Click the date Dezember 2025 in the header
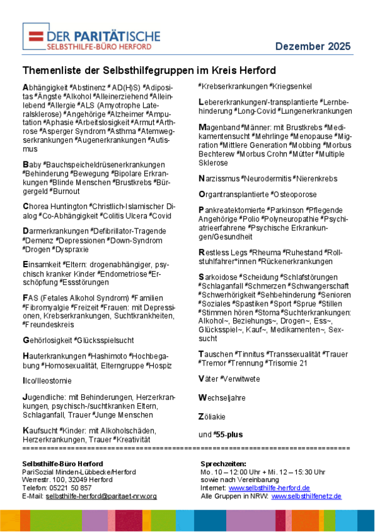pyautogui.click(x=312, y=46)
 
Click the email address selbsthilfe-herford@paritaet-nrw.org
pyautogui.click(x=101, y=496)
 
